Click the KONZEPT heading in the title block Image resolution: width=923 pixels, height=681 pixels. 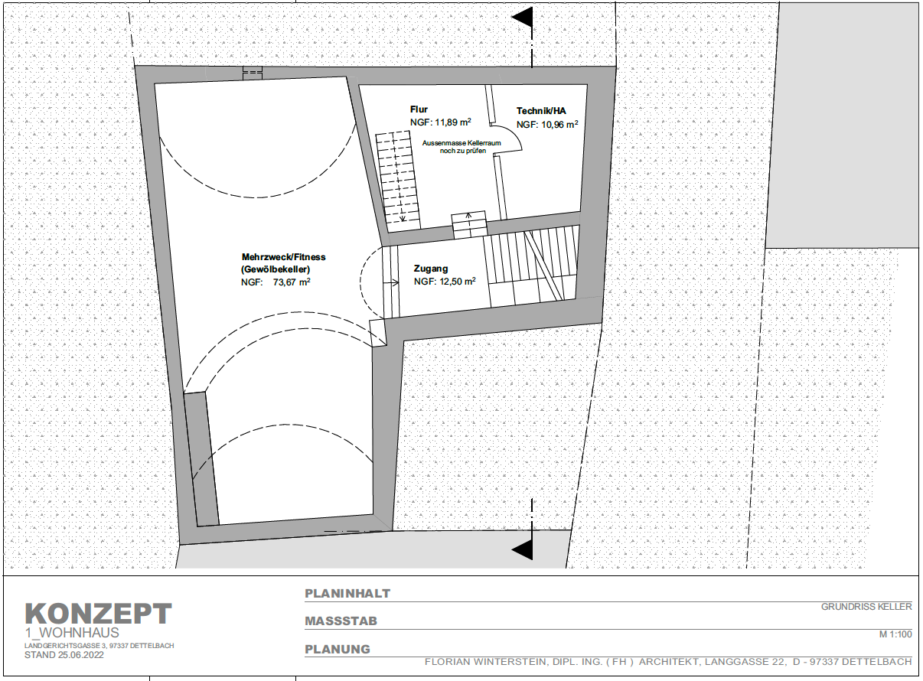click(x=99, y=614)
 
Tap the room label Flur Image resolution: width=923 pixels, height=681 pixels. click(x=419, y=109)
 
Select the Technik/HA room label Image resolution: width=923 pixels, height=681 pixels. click(x=541, y=110)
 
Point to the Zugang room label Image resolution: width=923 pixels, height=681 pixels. click(x=431, y=269)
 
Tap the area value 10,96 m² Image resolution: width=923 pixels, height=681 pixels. click(x=559, y=124)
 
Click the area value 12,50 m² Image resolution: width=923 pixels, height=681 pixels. click(x=455, y=282)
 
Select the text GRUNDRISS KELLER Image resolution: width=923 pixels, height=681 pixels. click(x=866, y=607)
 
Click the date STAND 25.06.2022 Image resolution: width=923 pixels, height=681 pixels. click(x=64, y=655)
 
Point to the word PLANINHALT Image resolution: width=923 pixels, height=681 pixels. click(x=348, y=594)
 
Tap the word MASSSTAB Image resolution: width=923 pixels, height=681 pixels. click(x=341, y=621)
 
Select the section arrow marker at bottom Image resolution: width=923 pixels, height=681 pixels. click(x=523, y=549)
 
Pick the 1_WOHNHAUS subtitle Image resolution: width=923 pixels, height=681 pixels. click(x=72, y=633)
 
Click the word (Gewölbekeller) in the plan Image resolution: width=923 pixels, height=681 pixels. click(x=276, y=270)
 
